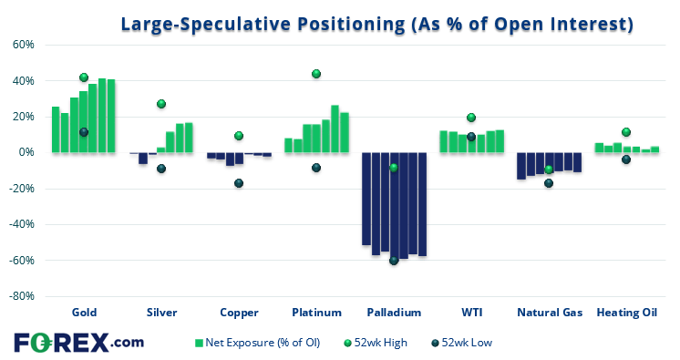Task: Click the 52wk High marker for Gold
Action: pos(84,77)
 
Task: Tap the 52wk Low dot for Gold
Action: pos(84,132)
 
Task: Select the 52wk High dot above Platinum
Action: pos(316,74)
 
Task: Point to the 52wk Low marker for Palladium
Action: pos(394,261)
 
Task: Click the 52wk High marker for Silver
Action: pos(161,104)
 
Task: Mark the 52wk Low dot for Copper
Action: pos(239,183)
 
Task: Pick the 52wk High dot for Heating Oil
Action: pos(626,132)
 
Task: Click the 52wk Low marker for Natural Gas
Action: pos(549,183)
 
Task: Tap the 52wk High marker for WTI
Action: pos(471,118)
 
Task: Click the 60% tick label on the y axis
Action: pos(24,45)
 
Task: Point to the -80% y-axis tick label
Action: pos(22,296)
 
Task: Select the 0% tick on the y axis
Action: pos(26,152)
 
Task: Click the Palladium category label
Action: pos(394,313)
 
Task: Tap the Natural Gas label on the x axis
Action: pos(550,313)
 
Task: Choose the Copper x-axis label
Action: pos(239,313)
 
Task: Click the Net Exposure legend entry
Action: pos(258,343)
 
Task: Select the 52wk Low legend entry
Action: pos(462,343)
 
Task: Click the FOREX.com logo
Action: pos(79,343)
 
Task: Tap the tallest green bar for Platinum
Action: pos(335,129)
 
